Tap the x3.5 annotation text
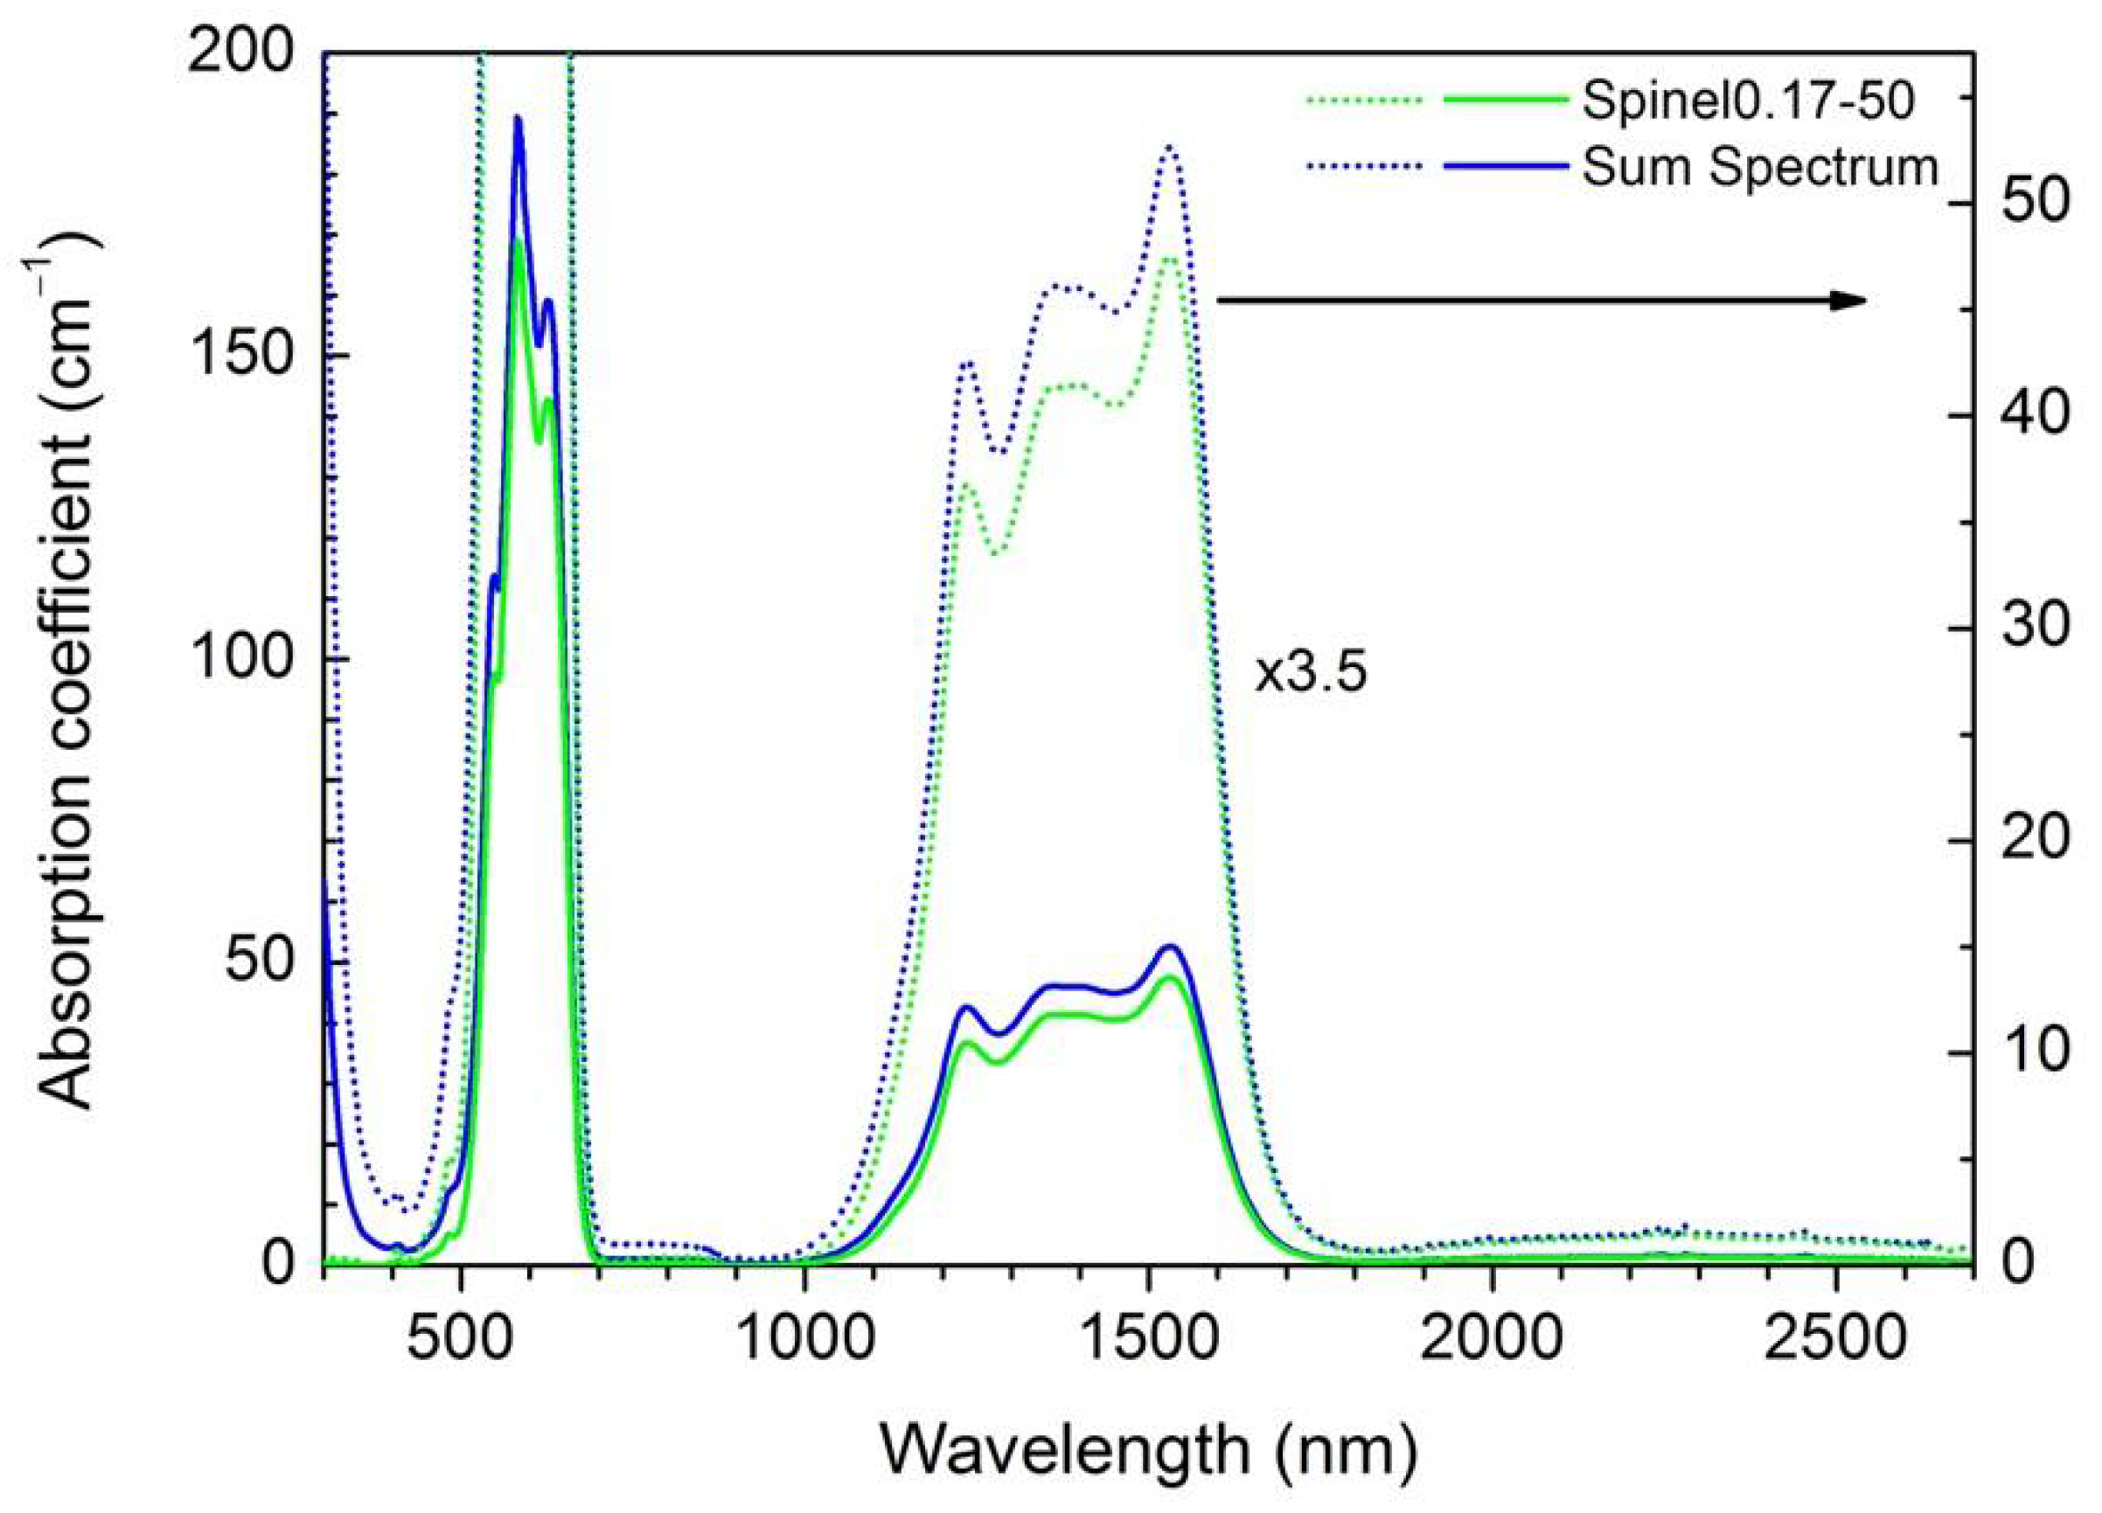point(1311,674)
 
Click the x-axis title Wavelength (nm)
point(1147,1450)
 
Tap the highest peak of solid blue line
point(519,119)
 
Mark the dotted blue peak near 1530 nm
point(1171,149)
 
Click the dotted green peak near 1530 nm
point(1171,260)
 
